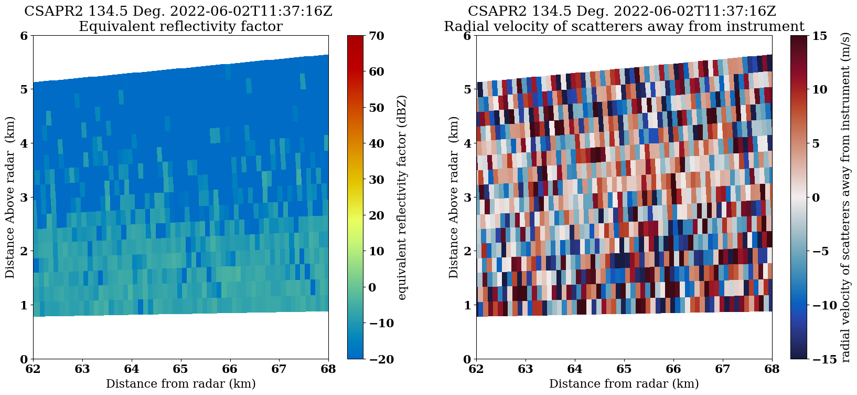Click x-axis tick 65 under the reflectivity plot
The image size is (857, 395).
[180, 369]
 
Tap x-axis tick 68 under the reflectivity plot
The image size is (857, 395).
[328, 369]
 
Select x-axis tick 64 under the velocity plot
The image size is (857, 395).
[575, 369]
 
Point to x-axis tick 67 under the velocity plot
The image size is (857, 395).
[723, 369]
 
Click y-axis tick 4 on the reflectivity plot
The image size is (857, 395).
[24, 143]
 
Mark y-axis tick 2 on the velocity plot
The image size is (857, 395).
[467, 251]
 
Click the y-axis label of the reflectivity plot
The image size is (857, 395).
[10, 197]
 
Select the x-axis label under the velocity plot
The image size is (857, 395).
[624, 384]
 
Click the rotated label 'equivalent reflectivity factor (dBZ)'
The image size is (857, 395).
[402, 197]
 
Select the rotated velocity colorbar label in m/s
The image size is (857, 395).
[845, 197]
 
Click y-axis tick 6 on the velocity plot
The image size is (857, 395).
[467, 36]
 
